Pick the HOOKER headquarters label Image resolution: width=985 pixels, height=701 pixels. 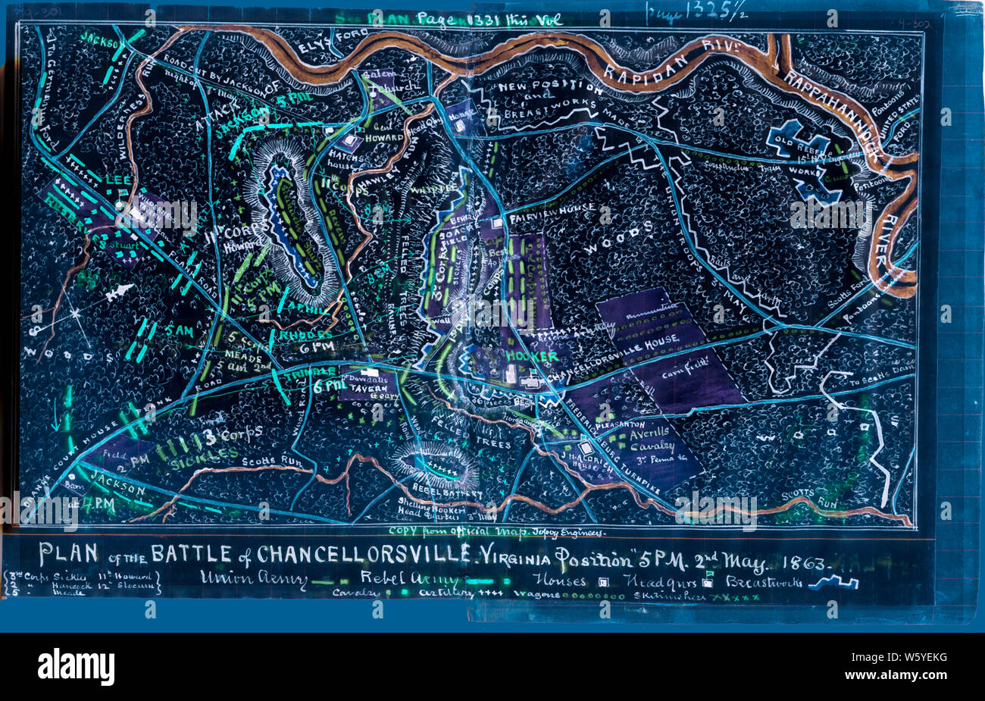tap(531, 356)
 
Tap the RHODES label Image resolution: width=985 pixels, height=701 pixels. tap(306, 334)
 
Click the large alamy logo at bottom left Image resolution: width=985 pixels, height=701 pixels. tap(76, 667)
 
